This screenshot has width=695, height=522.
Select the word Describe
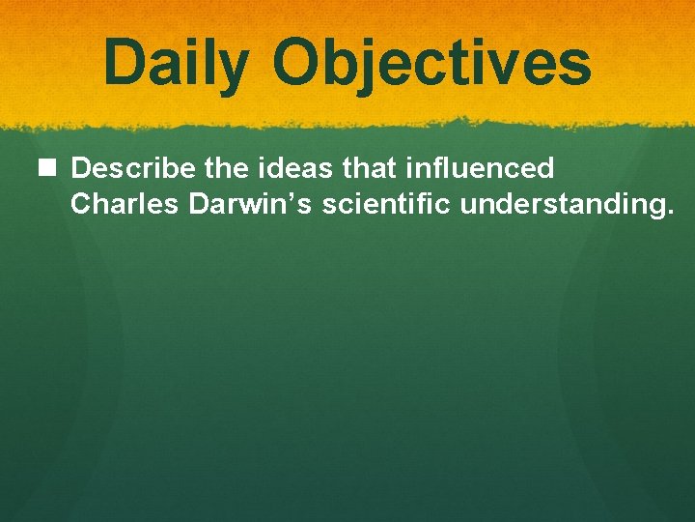(134, 169)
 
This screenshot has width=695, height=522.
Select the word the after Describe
(226, 169)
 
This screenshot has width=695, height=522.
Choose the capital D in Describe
(81, 169)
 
